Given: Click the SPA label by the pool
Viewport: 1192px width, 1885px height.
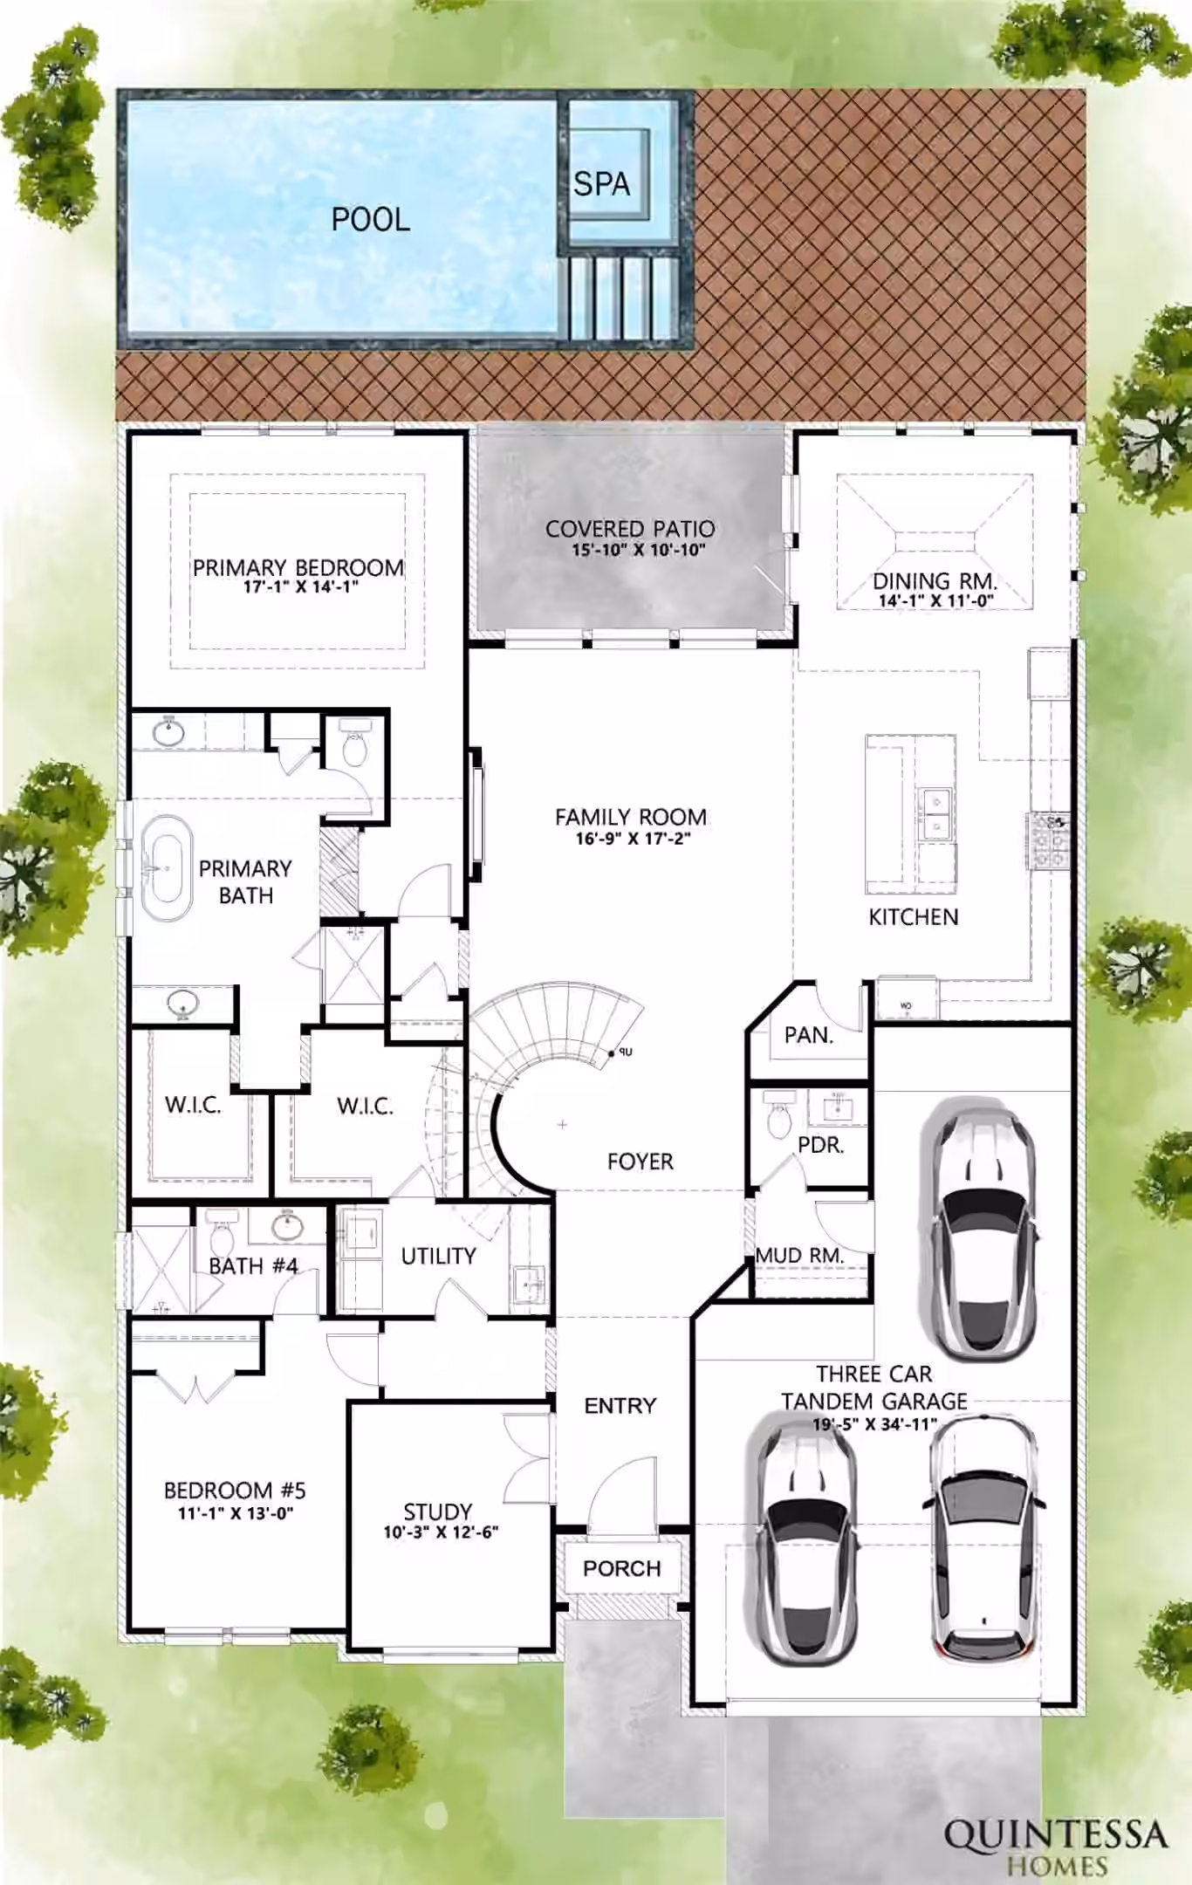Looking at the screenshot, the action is pos(601,184).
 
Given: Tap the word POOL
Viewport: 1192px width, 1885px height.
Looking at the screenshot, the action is pos(371,219).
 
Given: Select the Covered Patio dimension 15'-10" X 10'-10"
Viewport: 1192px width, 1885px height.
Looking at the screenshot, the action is pos(639,550).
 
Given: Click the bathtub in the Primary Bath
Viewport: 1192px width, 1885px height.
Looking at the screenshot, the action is pos(167,868).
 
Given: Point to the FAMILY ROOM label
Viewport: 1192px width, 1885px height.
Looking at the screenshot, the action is pos(631,817).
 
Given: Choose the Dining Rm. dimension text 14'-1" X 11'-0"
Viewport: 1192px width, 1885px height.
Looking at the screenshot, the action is pos(936,600).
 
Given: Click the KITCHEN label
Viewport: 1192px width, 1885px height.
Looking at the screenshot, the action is pos(914,916).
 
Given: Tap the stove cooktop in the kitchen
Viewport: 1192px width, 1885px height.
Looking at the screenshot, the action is pos(1050,841).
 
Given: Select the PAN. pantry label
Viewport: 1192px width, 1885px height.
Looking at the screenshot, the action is pos(809,1035).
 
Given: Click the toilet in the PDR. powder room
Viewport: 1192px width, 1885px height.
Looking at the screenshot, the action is pos(778,1118).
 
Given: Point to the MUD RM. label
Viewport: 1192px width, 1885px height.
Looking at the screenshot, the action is pos(800,1255).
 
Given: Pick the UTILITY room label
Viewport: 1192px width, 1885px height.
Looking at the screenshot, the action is pos(438,1256).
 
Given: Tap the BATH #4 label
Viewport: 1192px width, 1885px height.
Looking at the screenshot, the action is pos(253,1265).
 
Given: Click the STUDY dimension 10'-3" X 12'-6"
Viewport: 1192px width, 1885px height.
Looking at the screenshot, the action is pos(441,1532).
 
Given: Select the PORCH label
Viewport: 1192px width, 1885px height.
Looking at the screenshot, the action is pos(622,1568).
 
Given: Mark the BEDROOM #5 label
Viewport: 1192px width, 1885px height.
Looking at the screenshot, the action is pos(235,1491).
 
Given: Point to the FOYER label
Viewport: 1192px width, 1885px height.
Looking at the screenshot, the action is pos(641,1162).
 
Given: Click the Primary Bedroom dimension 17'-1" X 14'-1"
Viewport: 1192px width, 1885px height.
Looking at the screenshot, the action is pos(300,586).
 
